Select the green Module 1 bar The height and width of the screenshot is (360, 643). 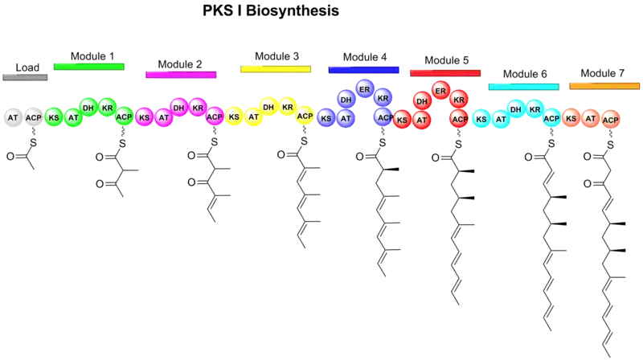coord(89,66)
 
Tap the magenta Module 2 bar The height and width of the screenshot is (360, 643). coord(181,75)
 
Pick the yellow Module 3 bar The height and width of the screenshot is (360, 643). coord(275,70)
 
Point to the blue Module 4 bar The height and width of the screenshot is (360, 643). coord(363,70)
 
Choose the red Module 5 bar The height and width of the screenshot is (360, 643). coord(445,72)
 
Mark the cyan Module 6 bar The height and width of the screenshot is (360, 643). coord(524,86)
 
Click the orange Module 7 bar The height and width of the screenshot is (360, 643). coord(604,85)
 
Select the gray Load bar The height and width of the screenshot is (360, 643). coord(26,78)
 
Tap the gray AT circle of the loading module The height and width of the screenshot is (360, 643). coord(13,117)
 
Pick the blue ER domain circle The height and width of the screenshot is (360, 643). coord(363,88)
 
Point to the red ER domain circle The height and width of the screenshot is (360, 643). coord(440,91)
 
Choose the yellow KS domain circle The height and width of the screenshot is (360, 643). coord(234,117)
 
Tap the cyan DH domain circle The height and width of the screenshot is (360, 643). coord(515,108)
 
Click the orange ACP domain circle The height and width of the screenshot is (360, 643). coord(610,120)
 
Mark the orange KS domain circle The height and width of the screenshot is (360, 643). coord(571,118)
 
